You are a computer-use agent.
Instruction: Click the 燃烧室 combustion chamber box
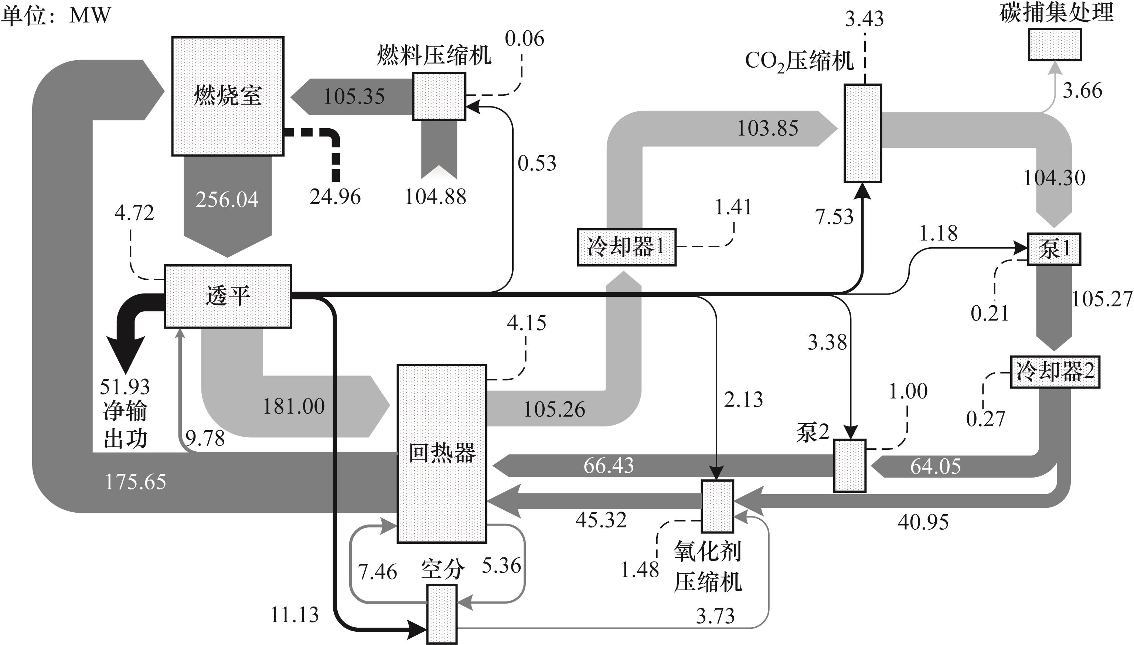pyautogui.click(x=228, y=96)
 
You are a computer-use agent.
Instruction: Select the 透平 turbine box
pyautogui.click(x=228, y=296)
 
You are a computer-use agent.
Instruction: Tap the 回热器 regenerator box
pyautogui.click(x=442, y=453)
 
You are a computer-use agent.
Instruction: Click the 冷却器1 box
pyautogui.click(x=627, y=247)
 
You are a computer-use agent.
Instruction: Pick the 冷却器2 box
pyautogui.click(x=1055, y=372)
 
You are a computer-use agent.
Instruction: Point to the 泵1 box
pyautogui.click(x=1054, y=249)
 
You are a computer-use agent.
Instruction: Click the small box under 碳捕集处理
pyautogui.click(x=1054, y=44)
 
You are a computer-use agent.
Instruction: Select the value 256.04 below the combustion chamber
pyautogui.click(x=227, y=200)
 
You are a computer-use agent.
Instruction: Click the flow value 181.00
pyautogui.click(x=294, y=406)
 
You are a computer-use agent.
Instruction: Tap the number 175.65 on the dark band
pyautogui.click(x=136, y=482)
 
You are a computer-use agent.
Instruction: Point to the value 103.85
pyautogui.click(x=767, y=129)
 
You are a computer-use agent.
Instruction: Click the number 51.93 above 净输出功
pyautogui.click(x=125, y=387)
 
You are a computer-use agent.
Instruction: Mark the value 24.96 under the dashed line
pyautogui.click(x=335, y=197)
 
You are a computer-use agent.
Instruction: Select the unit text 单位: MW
pyautogui.click(x=56, y=16)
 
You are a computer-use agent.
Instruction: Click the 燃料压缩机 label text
pyautogui.click(x=434, y=56)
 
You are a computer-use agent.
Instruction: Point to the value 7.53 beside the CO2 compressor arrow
pyautogui.click(x=834, y=217)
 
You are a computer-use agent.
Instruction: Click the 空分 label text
pyautogui.click(x=442, y=569)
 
